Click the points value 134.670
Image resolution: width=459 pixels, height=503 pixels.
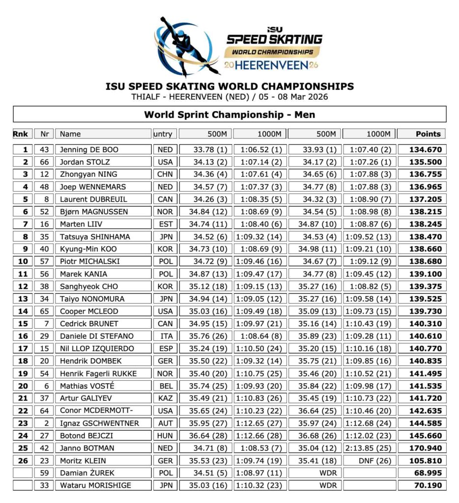click(422, 150)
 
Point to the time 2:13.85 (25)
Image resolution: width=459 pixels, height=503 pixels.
click(370, 448)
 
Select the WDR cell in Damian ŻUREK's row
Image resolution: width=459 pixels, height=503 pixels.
click(315, 473)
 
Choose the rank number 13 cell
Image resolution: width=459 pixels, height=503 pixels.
click(23, 299)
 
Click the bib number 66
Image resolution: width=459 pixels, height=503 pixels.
click(45, 162)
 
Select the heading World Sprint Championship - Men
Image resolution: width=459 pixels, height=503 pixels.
click(229, 115)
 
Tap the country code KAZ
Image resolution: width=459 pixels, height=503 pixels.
click(166, 398)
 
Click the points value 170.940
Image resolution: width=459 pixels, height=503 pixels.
click(422, 448)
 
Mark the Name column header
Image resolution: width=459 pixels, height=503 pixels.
click(70, 134)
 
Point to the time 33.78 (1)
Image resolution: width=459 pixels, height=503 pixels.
click(205, 150)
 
